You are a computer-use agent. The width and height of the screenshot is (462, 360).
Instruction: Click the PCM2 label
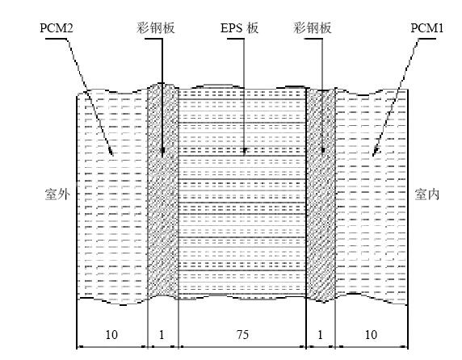tap(57, 28)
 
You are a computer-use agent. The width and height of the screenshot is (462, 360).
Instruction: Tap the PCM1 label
tap(427, 28)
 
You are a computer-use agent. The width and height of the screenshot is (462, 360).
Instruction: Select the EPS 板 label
tap(239, 28)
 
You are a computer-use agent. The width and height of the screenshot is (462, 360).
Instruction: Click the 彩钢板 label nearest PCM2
tap(156, 28)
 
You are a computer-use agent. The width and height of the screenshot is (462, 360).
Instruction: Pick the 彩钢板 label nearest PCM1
tap(313, 28)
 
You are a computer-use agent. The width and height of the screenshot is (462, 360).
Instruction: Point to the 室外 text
tap(57, 195)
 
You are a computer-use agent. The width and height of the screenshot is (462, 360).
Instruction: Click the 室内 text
tap(427, 195)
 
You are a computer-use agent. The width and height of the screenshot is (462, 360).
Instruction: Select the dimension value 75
tap(242, 335)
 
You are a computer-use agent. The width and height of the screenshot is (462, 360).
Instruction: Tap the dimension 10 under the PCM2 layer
tap(111, 335)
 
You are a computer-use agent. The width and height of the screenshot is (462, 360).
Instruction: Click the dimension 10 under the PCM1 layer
tap(371, 335)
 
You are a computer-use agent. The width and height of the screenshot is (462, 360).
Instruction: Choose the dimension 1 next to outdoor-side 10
tap(162, 335)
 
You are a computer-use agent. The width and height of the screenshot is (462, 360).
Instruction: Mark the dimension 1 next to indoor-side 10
tap(321, 335)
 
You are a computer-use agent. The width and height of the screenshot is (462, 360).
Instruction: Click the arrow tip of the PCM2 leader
tap(112, 156)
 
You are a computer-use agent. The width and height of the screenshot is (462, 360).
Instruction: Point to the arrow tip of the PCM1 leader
tap(373, 156)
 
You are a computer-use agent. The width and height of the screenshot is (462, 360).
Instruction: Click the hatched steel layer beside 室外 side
tap(163, 191)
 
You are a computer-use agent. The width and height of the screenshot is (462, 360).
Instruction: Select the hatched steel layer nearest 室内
tap(321, 195)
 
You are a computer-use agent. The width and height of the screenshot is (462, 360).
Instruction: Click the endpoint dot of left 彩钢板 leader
tap(162, 150)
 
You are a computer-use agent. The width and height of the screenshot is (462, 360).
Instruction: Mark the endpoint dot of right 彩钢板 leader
tap(322, 150)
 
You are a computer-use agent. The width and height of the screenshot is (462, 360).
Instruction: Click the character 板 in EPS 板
tap(253, 28)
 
